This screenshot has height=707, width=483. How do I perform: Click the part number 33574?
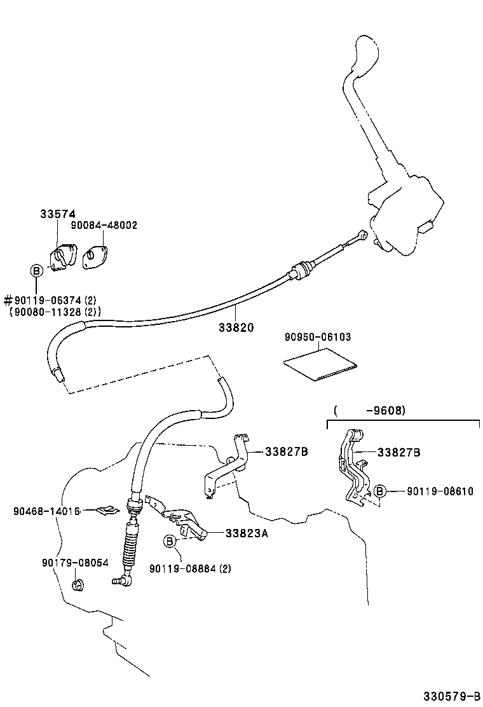(x=57, y=214)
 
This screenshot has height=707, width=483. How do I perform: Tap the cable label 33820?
(x=236, y=328)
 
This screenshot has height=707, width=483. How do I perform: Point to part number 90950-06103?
(x=318, y=337)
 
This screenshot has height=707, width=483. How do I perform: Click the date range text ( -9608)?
(x=369, y=411)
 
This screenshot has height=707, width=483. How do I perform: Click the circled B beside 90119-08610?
(x=379, y=491)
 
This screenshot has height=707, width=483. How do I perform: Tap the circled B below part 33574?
(x=37, y=271)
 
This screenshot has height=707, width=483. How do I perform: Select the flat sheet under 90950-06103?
(x=320, y=367)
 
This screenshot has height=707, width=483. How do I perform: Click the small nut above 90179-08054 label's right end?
(x=78, y=584)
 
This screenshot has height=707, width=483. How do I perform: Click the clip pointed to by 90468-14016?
(x=109, y=509)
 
